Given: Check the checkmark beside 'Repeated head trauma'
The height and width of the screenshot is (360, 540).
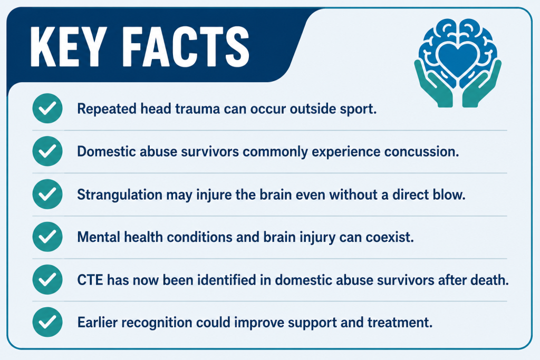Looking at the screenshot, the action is coord(47,109).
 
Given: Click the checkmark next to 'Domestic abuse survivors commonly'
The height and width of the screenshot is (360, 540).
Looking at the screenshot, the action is coord(47,151).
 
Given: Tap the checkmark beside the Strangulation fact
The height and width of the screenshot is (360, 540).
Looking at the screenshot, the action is coord(47,194).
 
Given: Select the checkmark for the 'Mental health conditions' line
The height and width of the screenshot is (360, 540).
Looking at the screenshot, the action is coord(47,237).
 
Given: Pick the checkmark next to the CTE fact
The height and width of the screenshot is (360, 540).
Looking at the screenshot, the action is coord(47,279).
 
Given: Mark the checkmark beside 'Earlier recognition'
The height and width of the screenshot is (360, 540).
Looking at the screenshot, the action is coord(47,322).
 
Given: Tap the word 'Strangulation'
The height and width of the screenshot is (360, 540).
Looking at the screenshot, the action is coord(120,195).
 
